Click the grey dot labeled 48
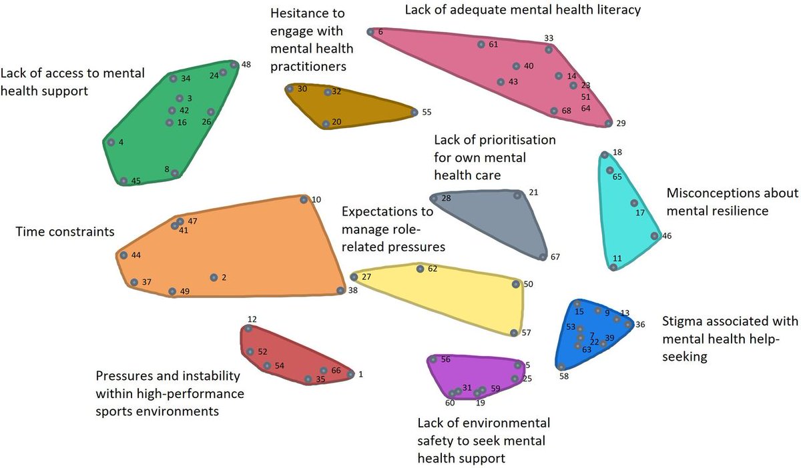(x=234, y=65)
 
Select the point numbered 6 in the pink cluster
(x=370, y=32)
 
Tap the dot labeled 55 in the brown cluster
(x=415, y=113)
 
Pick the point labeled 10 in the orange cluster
(x=304, y=199)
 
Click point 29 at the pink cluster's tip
(x=608, y=123)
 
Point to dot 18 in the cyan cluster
(x=604, y=155)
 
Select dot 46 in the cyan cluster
(x=654, y=236)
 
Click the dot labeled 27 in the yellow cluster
(x=354, y=277)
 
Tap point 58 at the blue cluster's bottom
(x=562, y=367)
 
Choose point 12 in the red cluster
(x=248, y=329)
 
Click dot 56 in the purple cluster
(x=433, y=360)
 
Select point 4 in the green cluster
(x=111, y=142)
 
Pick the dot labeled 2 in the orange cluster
(x=214, y=277)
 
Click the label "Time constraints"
(x=65, y=232)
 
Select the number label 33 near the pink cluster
(x=549, y=39)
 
